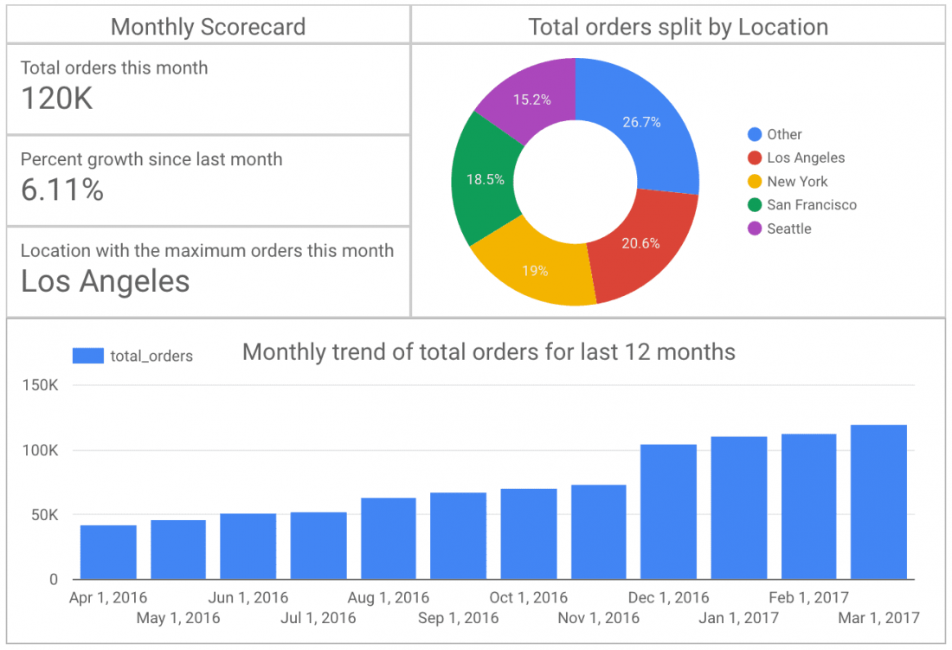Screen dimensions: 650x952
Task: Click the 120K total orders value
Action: coord(56,99)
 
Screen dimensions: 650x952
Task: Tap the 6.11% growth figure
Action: coord(62,190)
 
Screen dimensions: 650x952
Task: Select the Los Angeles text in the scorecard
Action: coord(105,281)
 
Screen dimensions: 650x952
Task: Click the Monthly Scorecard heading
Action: coord(208,27)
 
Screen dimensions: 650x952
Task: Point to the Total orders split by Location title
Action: coord(678,27)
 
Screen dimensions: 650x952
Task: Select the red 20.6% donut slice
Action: coord(640,243)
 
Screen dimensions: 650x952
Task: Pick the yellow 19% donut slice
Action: coord(534,270)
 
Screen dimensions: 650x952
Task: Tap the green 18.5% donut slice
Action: coord(484,180)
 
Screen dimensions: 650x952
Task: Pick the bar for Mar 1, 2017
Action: coord(878,502)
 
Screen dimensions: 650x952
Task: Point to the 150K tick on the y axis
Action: coord(40,386)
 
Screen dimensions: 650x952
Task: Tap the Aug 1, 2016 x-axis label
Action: coord(388,598)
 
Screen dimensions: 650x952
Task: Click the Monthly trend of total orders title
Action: coord(489,352)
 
